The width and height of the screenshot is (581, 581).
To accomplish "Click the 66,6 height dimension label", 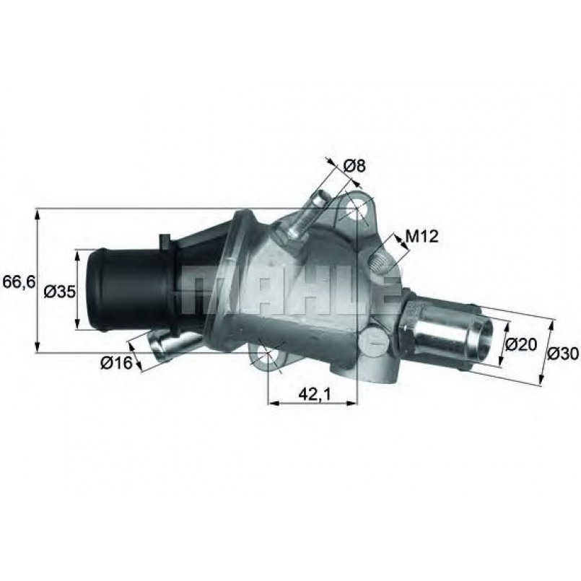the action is [x=19, y=282].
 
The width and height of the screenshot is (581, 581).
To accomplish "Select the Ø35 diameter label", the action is [x=60, y=292].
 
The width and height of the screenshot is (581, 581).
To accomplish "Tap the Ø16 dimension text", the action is [x=116, y=363].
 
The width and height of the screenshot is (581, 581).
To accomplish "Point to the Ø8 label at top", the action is [x=354, y=166].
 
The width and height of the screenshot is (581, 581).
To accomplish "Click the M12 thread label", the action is [x=422, y=236].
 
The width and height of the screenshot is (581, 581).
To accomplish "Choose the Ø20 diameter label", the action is [x=521, y=344].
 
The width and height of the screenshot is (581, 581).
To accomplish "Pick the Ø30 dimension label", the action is [x=563, y=354].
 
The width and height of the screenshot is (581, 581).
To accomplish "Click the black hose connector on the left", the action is [x=130, y=289].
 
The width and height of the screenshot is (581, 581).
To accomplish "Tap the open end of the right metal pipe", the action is [x=481, y=340].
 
